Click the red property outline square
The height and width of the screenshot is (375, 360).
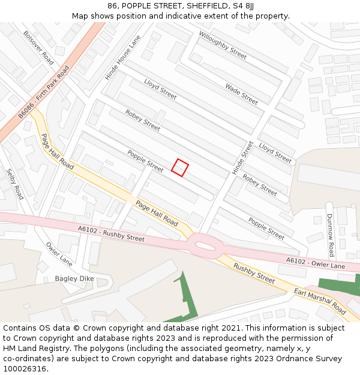[x=180, y=167]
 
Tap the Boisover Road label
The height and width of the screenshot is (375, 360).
[x=38, y=48]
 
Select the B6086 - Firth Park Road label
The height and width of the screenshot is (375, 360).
[x=44, y=91]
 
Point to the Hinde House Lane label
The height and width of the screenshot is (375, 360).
[x=122, y=58]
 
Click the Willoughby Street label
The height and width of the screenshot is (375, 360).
[x=223, y=45]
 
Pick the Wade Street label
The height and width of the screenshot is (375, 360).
[x=241, y=94]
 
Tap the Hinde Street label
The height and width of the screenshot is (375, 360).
[x=243, y=158]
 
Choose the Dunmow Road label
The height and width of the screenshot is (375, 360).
[x=330, y=235]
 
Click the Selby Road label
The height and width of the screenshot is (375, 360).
[x=15, y=184]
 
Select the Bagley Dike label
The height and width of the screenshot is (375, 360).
[x=74, y=278]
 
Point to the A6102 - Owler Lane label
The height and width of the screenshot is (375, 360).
[x=316, y=262]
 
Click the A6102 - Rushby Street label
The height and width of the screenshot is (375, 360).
[x=111, y=233]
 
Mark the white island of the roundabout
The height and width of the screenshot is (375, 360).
[x=204, y=244]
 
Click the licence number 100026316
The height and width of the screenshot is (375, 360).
[x=25, y=368]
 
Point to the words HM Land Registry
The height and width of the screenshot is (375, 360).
[x=30, y=349]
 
